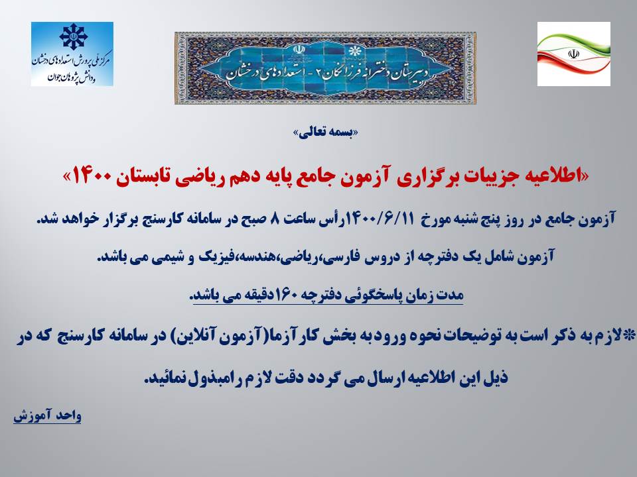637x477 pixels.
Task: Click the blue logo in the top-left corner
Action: tap(72, 54)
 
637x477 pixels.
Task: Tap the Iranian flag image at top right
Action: tap(573, 54)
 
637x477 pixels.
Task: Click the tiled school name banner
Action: tap(325, 68)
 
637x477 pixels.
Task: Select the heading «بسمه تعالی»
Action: tap(326, 132)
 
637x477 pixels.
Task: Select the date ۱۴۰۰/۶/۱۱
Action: tap(380, 219)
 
